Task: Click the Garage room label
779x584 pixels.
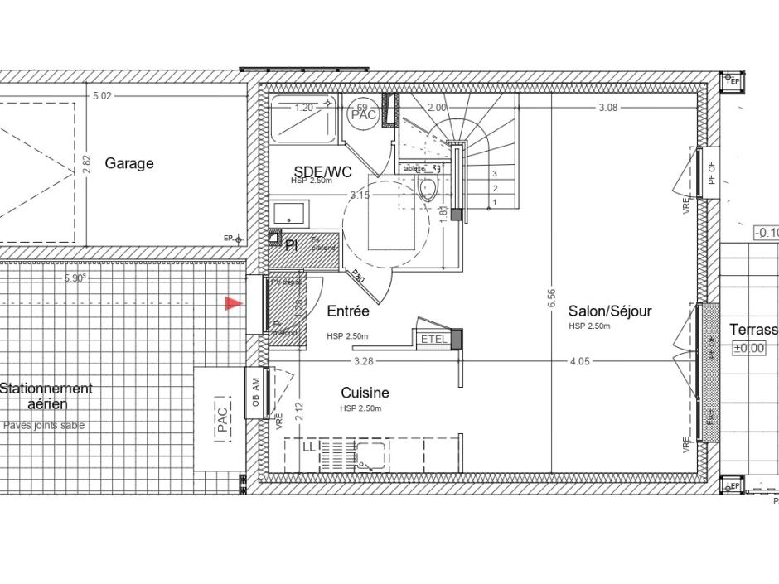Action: pyautogui.click(x=128, y=164)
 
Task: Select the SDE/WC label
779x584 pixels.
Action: pyautogui.click(x=322, y=171)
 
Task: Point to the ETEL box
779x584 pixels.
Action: pyautogui.click(x=433, y=339)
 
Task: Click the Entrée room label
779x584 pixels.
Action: pyautogui.click(x=348, y=311)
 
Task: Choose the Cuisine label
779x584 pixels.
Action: pyautogui.click(x=365, y=393)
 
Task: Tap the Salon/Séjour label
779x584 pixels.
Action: pyautogui.click(x=609, y=311)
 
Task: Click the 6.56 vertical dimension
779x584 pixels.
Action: pyautogui.click(x=552, y=299)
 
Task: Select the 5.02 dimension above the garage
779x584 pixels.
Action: pyautogui.click(x=102, y=96)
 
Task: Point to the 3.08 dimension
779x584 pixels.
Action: pyautogui.click(x=608, y=108)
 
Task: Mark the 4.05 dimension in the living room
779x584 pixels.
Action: pyautogui.click(x=580, y=361)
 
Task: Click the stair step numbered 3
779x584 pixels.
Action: pyautogui.click(x=495, y=174)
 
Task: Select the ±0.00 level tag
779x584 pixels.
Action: pyautogui.click(x=748, y=349)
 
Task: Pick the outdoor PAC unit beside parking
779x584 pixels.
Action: pyautogui.click(x=221, y=419)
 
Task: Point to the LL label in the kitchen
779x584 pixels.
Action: pyautogui.click(x=309, y=446)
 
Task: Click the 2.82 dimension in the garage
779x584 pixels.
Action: pyautogui.click(x=87, y=163)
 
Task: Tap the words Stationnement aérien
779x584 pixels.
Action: pyautogui.click(x=46, y=396)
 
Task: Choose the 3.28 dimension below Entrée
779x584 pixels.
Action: pyautogui.click(x=363, y=361)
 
